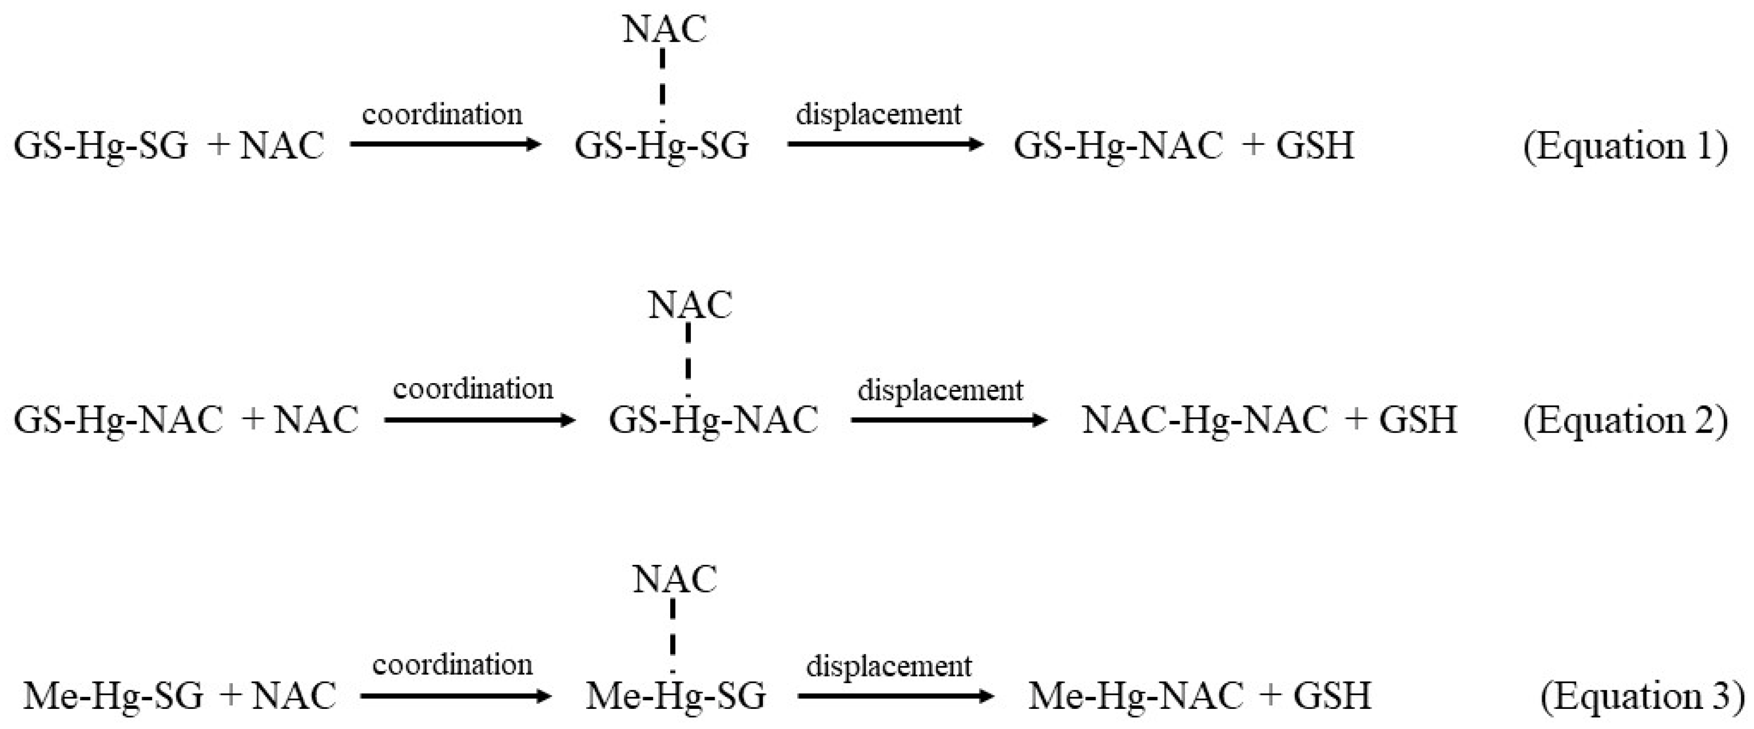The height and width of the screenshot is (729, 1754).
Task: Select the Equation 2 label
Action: (1625, 420)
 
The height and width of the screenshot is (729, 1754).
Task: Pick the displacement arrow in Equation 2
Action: (948, 420)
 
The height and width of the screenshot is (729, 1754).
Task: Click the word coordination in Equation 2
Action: (473, 389)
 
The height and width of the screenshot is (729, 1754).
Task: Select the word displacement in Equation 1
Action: (878, 114)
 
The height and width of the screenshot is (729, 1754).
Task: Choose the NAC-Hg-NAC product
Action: (1205, 419)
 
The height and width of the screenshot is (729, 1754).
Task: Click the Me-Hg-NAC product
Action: (1136, 696)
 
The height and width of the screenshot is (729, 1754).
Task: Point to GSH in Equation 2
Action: (1418, 419)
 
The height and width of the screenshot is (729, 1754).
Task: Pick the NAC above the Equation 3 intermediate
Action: (674, 580)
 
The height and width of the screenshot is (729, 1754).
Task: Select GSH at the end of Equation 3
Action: (1332, 696)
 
